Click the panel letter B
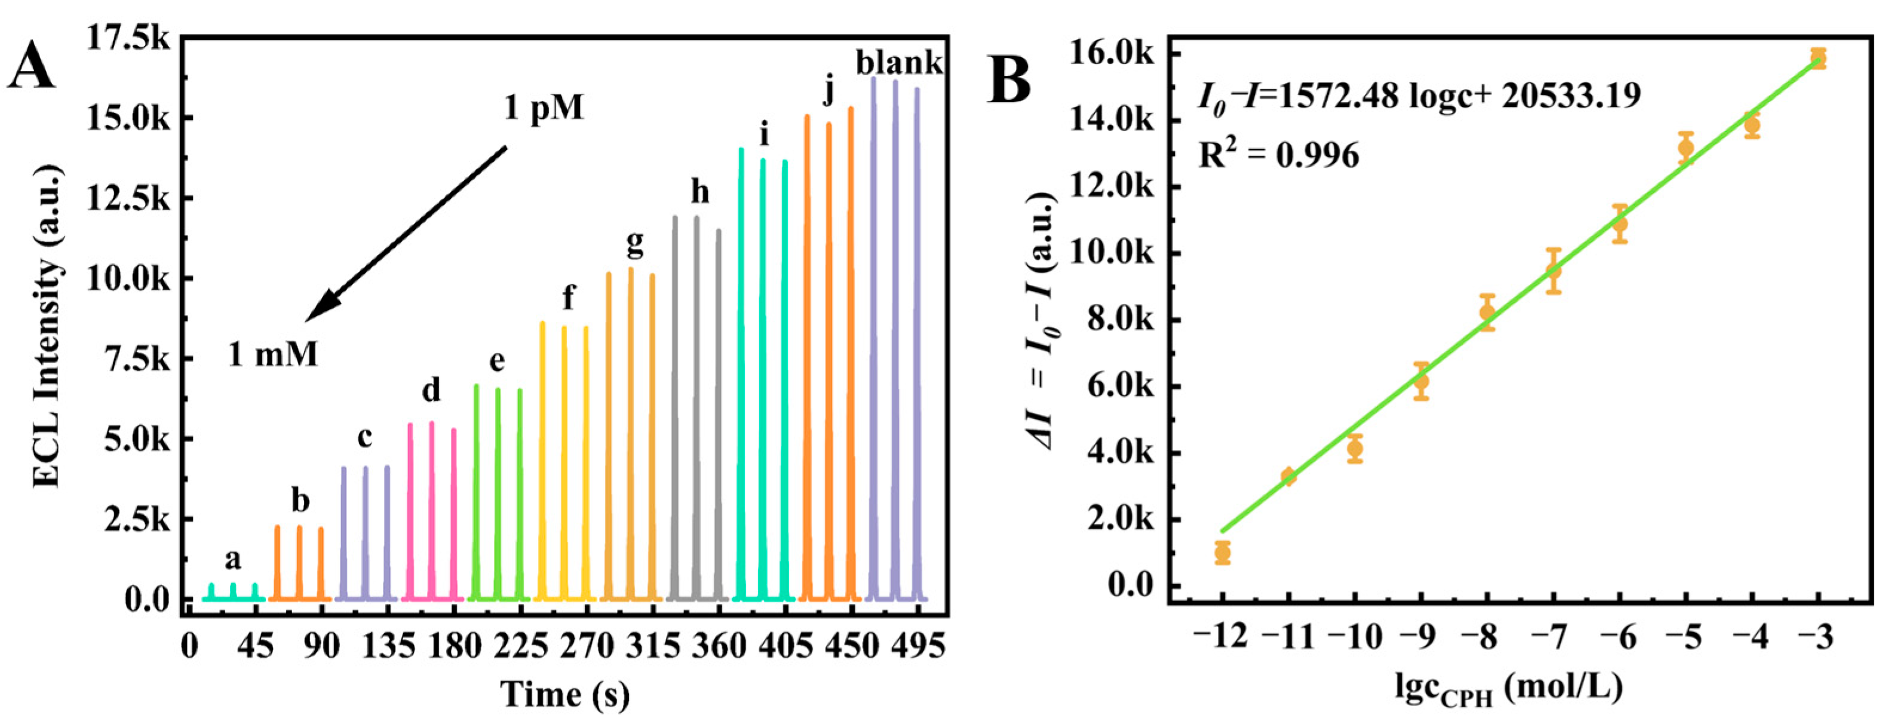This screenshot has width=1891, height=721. pos(1009,79)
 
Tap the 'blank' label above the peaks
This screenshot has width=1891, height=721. pos(898,63)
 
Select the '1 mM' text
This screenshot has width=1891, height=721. pos(272,355)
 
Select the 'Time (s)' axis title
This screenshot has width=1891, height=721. pos(564,694)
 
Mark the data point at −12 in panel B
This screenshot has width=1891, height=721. pos(1222,552)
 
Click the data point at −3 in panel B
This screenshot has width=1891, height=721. pos(1818,59)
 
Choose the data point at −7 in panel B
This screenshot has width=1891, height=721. pos(1554,271)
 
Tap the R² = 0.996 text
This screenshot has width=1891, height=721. pos(1278,155)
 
